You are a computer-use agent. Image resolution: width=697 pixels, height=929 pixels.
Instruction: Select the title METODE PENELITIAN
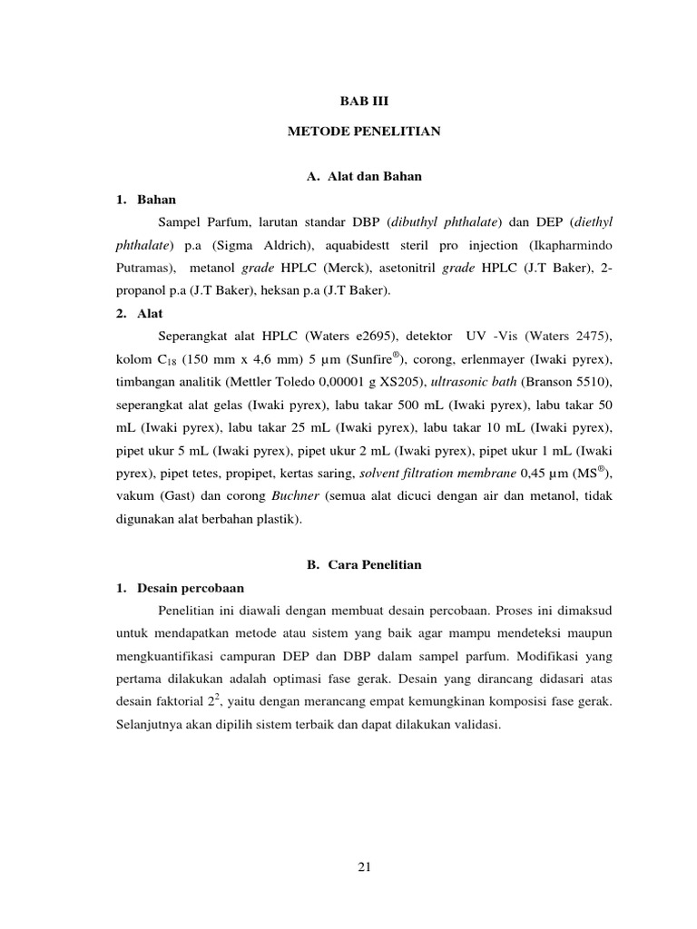(x=364, y=132)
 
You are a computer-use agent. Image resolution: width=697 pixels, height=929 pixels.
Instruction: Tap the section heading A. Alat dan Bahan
(x=364, y=176)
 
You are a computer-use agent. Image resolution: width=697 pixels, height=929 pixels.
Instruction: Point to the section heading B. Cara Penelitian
(x=364, y=564)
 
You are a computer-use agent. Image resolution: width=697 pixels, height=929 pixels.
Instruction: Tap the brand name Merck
(x=337, y=269)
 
